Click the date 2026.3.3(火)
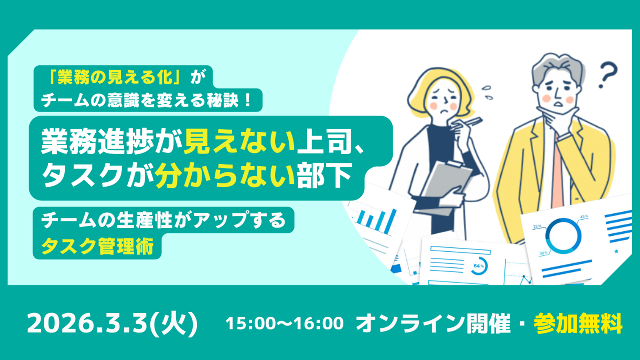coord(112,324)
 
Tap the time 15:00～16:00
coord(285,323)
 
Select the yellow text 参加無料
coord(578,323)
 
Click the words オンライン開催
coord(433,323)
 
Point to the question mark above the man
coord(608,75)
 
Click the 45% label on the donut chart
coord(584,217)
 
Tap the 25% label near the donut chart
coord(537,226)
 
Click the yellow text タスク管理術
coord(97,246)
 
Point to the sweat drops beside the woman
coord(487,92)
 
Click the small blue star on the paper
coord(616,251)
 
